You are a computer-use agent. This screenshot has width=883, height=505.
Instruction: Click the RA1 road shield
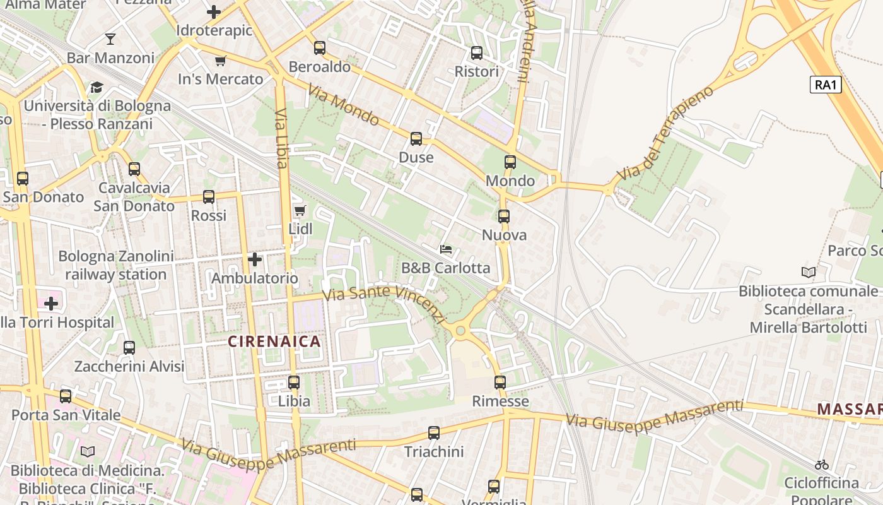(x=826, y=85)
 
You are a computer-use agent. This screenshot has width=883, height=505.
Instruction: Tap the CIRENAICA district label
(x=274, y=342)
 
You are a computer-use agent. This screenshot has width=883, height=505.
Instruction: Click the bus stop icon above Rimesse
(x=500, y=382)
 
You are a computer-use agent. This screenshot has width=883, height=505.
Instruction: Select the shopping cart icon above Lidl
(x=300, y=210)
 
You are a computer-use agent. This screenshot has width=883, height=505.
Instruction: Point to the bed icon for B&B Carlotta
(x=446, y=249)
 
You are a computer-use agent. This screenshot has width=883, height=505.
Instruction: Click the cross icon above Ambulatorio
(x=255, y=259)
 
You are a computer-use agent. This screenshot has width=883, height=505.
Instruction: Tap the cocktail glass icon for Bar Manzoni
(x=110, y=39)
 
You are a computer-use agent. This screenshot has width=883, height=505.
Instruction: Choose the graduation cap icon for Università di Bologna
(x=96, y=87)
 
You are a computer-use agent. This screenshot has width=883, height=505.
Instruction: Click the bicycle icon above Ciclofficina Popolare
(x=821, y=465)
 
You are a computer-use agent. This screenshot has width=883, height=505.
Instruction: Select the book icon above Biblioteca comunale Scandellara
(x=808, y=273)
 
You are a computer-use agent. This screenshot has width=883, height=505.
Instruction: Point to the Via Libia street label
(x=281, y=138)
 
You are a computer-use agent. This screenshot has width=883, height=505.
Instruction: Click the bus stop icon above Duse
(x=416, y=139)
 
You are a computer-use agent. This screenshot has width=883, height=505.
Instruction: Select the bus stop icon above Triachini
(x=434, y=433)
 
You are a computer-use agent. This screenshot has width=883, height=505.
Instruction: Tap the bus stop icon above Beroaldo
(x=320, y=48)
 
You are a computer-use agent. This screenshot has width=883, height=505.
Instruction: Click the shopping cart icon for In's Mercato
(x=220, y=61)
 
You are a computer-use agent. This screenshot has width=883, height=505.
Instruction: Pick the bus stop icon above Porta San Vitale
(x=66, y=396)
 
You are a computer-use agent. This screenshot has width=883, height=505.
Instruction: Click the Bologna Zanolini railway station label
(x=116, y=265)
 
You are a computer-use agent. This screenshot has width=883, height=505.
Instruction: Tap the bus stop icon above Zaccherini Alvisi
(x=129, y=348)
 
